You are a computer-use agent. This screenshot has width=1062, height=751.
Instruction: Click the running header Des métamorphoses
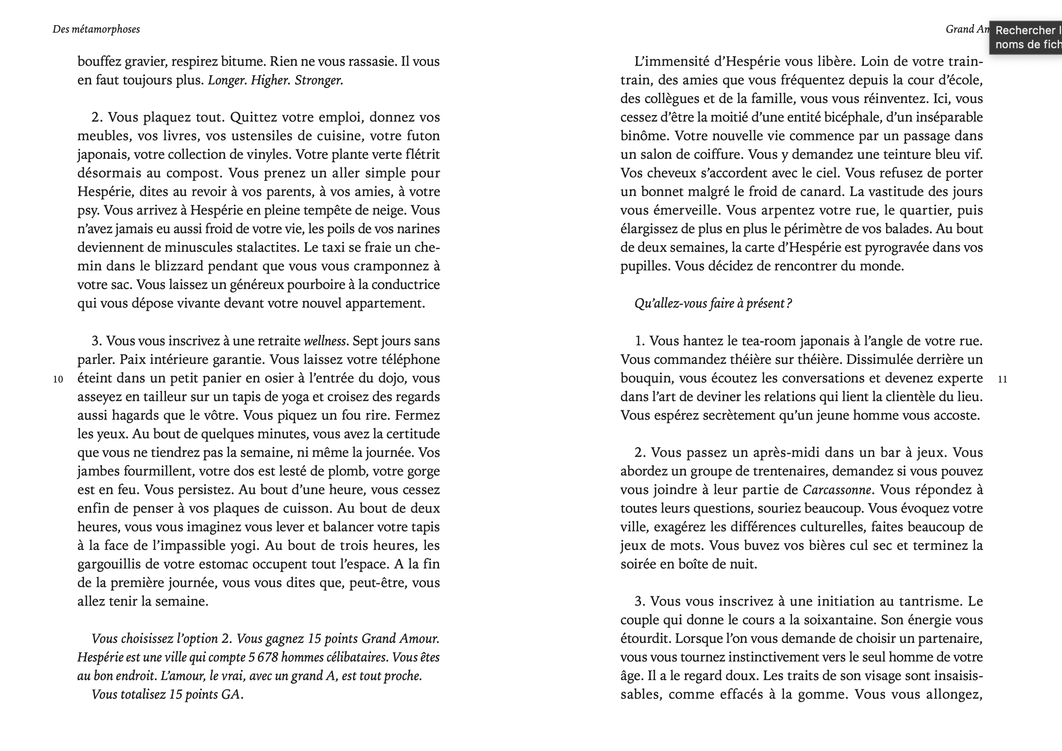96,29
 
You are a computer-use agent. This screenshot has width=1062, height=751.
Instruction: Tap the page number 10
58,379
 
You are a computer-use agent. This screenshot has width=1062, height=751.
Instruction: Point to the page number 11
1002,379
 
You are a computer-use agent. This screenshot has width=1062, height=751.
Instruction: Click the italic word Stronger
319,80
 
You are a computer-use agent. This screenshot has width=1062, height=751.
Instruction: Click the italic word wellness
325,341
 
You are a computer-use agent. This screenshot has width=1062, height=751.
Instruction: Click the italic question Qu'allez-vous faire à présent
713,304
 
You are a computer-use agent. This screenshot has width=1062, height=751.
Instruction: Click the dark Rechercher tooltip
1026,37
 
